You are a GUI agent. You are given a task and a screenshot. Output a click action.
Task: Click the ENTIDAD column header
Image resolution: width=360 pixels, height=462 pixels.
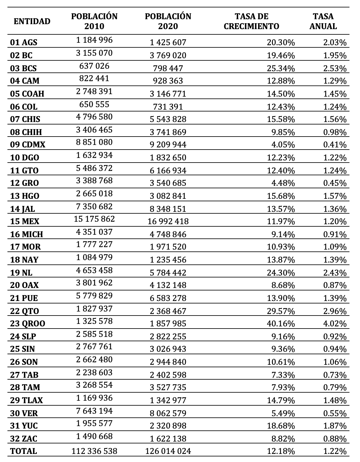pyautogui.click(x=32, y=21)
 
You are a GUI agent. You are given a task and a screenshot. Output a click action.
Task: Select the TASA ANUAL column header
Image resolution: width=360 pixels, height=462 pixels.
pyautogui.click(x=323, y=21)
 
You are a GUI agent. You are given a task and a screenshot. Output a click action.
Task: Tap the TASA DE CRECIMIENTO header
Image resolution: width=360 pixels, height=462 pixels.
pyautogui.click(x=251, y=21)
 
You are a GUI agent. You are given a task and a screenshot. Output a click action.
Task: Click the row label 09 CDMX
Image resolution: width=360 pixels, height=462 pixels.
pyautogui.click(x=28, y=145)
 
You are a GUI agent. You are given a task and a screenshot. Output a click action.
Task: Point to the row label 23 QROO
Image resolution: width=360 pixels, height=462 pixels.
pyautogui.click(x=28, y=324)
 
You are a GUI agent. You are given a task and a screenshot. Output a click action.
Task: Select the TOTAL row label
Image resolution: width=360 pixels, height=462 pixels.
pyautogui.click(x=24, y=451)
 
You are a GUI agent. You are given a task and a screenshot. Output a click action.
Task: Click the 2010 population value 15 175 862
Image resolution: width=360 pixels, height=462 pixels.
pyautogui.click(x=94, y=219)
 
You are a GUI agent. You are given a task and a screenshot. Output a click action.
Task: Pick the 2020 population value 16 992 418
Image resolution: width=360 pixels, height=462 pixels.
pyautogui.click(x=168, y=221)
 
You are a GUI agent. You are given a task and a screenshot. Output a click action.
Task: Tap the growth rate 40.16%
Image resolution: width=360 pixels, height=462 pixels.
pyautogui.click(x=281, y=324)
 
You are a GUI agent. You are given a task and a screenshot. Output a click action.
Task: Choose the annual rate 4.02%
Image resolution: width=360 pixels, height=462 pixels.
pyautogui.click(x=335, y=324)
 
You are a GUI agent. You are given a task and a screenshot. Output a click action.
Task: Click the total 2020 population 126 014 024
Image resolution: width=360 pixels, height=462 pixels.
pyautogui.click(x=168, y=451)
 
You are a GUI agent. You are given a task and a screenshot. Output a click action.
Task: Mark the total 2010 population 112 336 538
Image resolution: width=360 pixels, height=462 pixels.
pyautogui.click(x=94, y=451)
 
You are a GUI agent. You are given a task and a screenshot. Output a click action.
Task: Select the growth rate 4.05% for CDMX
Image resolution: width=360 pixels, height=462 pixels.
pyautogui.click(x=283, y=145)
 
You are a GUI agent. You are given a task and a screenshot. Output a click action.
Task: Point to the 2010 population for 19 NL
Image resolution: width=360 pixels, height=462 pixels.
pyautogui.click(x=94, y=270)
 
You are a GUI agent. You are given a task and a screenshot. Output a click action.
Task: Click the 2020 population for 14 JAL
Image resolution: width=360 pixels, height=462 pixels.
pyautogui.click(x=168, y=209)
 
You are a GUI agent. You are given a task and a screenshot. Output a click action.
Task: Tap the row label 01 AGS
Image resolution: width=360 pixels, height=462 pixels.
pyautogui.click(x=24, y=42)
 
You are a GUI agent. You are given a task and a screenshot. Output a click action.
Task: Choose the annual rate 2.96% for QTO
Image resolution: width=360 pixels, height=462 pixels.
pyautogui.click(x=335, y=311)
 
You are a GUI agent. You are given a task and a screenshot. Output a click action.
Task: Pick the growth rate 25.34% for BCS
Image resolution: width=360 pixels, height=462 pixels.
pyautogui.click(x=281, y=68)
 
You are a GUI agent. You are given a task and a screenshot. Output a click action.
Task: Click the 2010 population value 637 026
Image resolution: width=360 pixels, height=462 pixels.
pyautogui.click(x=94, y=66)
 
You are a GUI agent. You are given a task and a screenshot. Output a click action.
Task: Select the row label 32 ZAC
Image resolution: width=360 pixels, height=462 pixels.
pyautogui.click(x=24, y=438)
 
